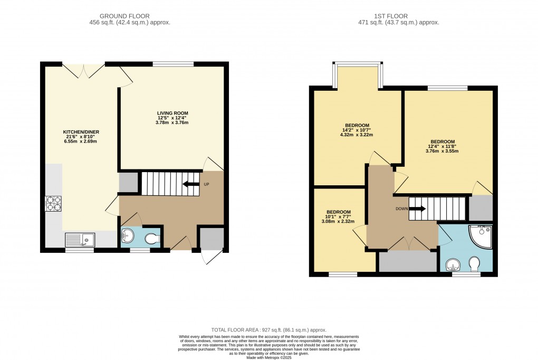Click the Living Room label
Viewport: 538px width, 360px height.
point(172,118)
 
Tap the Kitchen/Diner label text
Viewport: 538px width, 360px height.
point(81,136)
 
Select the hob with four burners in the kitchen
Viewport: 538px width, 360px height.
point(53,203)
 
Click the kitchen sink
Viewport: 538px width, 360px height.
point(79,240)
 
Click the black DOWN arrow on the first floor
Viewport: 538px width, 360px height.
point(418,209)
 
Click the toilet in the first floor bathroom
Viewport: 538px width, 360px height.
point(474,263)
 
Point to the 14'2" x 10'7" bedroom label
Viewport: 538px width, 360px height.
point(353,130)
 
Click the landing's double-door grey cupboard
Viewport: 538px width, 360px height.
point(408,261)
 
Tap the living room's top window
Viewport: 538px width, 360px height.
point(173,64)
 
